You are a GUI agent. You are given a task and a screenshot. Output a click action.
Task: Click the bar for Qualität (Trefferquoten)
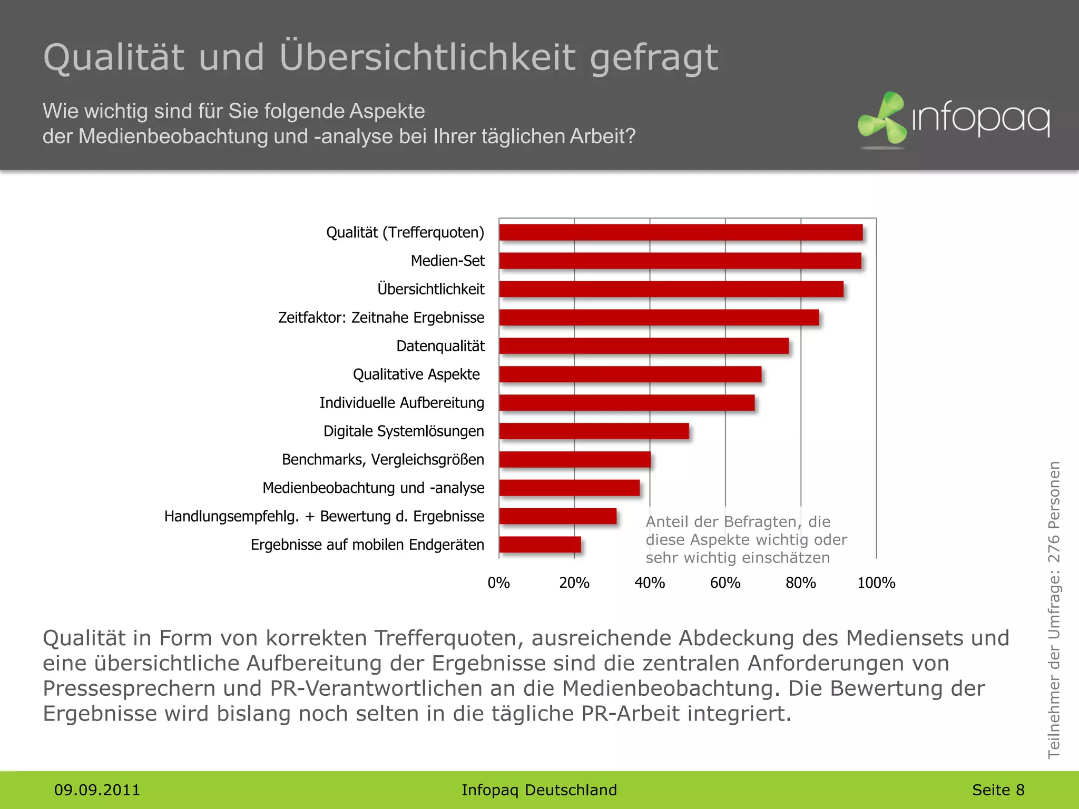pos(681,232)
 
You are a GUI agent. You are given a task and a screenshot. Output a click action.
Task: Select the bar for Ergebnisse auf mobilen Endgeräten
pos(540,545)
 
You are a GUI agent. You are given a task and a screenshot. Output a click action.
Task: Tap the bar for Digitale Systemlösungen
pos(594,431)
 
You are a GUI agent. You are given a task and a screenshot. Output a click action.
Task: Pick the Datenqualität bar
pos(644,346)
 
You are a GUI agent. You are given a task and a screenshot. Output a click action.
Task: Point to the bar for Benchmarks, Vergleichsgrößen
pos(575,460)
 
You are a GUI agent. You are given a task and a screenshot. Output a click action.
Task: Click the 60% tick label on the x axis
pos(725,583)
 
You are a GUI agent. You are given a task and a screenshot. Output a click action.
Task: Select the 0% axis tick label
pos(498,583)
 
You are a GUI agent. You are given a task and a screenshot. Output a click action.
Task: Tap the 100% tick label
pos(876,583)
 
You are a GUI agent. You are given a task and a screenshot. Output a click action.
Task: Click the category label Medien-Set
pos(447,261)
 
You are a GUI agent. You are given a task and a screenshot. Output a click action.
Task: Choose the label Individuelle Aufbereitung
pos(401,403)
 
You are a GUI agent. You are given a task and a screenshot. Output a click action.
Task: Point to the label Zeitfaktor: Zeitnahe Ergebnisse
pos(381,318)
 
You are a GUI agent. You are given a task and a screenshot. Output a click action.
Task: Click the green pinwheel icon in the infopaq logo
pos(881,118)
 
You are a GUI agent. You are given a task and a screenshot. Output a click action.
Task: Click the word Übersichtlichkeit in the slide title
pos(427,57)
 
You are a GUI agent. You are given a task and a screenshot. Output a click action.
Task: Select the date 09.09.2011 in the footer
pos(97,790)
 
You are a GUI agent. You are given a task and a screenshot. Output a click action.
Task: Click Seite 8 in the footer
pos(998,790)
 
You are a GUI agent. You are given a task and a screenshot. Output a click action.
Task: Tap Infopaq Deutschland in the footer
pos(539,790)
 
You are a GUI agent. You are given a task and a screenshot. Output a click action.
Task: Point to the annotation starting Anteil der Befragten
pos(746,539)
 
